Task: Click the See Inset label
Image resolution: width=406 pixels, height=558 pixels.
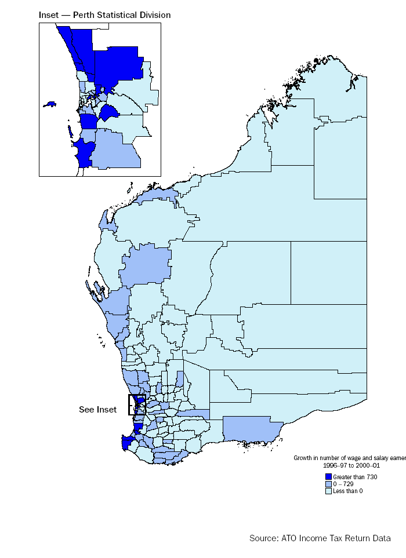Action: (97, 410)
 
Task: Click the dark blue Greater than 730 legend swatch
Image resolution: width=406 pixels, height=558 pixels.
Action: (328, 476)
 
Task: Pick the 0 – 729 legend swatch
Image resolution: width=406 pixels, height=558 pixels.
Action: (328, 484)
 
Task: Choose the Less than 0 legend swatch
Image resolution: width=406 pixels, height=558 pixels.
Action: (328, 491)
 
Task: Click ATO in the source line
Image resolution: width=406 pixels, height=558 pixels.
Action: (289, 538)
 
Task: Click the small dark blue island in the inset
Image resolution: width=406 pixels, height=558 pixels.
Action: (50, 104)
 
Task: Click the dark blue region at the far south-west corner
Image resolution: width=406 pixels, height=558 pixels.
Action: (127, 443)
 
